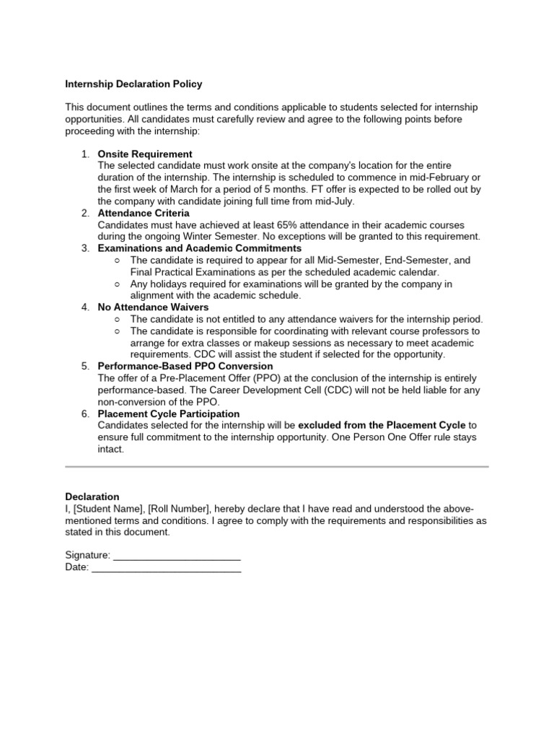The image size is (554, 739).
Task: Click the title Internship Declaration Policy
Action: point(133,84)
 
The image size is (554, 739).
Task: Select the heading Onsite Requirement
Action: point(145,154)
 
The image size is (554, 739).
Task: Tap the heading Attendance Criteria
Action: point(144,213)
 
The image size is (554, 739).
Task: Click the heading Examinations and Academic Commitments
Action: point(200,248)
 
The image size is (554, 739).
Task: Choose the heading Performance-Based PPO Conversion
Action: point(185,367)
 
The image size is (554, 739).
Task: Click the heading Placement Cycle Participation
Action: point(169,414)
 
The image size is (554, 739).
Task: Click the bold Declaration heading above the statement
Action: point(92,497)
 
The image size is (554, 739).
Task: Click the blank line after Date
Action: point(167,568)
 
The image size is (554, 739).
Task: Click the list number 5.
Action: point(84,367)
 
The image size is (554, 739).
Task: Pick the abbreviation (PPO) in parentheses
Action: point(241,378)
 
